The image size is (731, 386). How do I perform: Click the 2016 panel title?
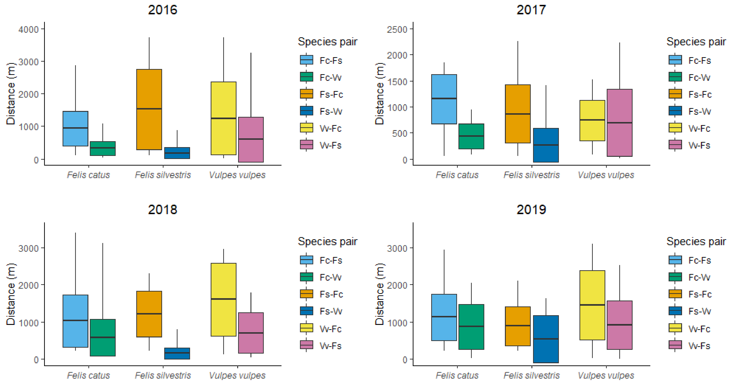coord(163,10)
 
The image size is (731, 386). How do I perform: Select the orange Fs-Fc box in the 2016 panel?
coord(149,109)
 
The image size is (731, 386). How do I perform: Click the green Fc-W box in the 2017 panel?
coord(471,136)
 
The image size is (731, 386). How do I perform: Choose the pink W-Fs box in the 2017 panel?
coord(619,123)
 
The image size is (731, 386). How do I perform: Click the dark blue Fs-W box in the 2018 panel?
coord(177,353)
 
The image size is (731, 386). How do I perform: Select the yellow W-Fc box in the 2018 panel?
coord(223,300)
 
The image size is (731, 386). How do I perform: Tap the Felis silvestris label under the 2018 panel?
coord(163,375)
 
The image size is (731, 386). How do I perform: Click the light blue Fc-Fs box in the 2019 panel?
coord(444,317)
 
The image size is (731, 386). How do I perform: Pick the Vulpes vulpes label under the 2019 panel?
coord(606,375)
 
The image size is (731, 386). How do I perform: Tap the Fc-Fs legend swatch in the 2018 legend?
coord(306,260)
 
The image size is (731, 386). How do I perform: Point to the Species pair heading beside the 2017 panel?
coord(696,42)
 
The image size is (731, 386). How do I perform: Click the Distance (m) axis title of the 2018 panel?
coord(11,294)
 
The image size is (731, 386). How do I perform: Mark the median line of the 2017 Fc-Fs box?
coord(444,98)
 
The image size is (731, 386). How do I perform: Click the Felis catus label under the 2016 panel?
coord(88,175)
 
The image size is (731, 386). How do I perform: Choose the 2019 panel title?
coord(531,210)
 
